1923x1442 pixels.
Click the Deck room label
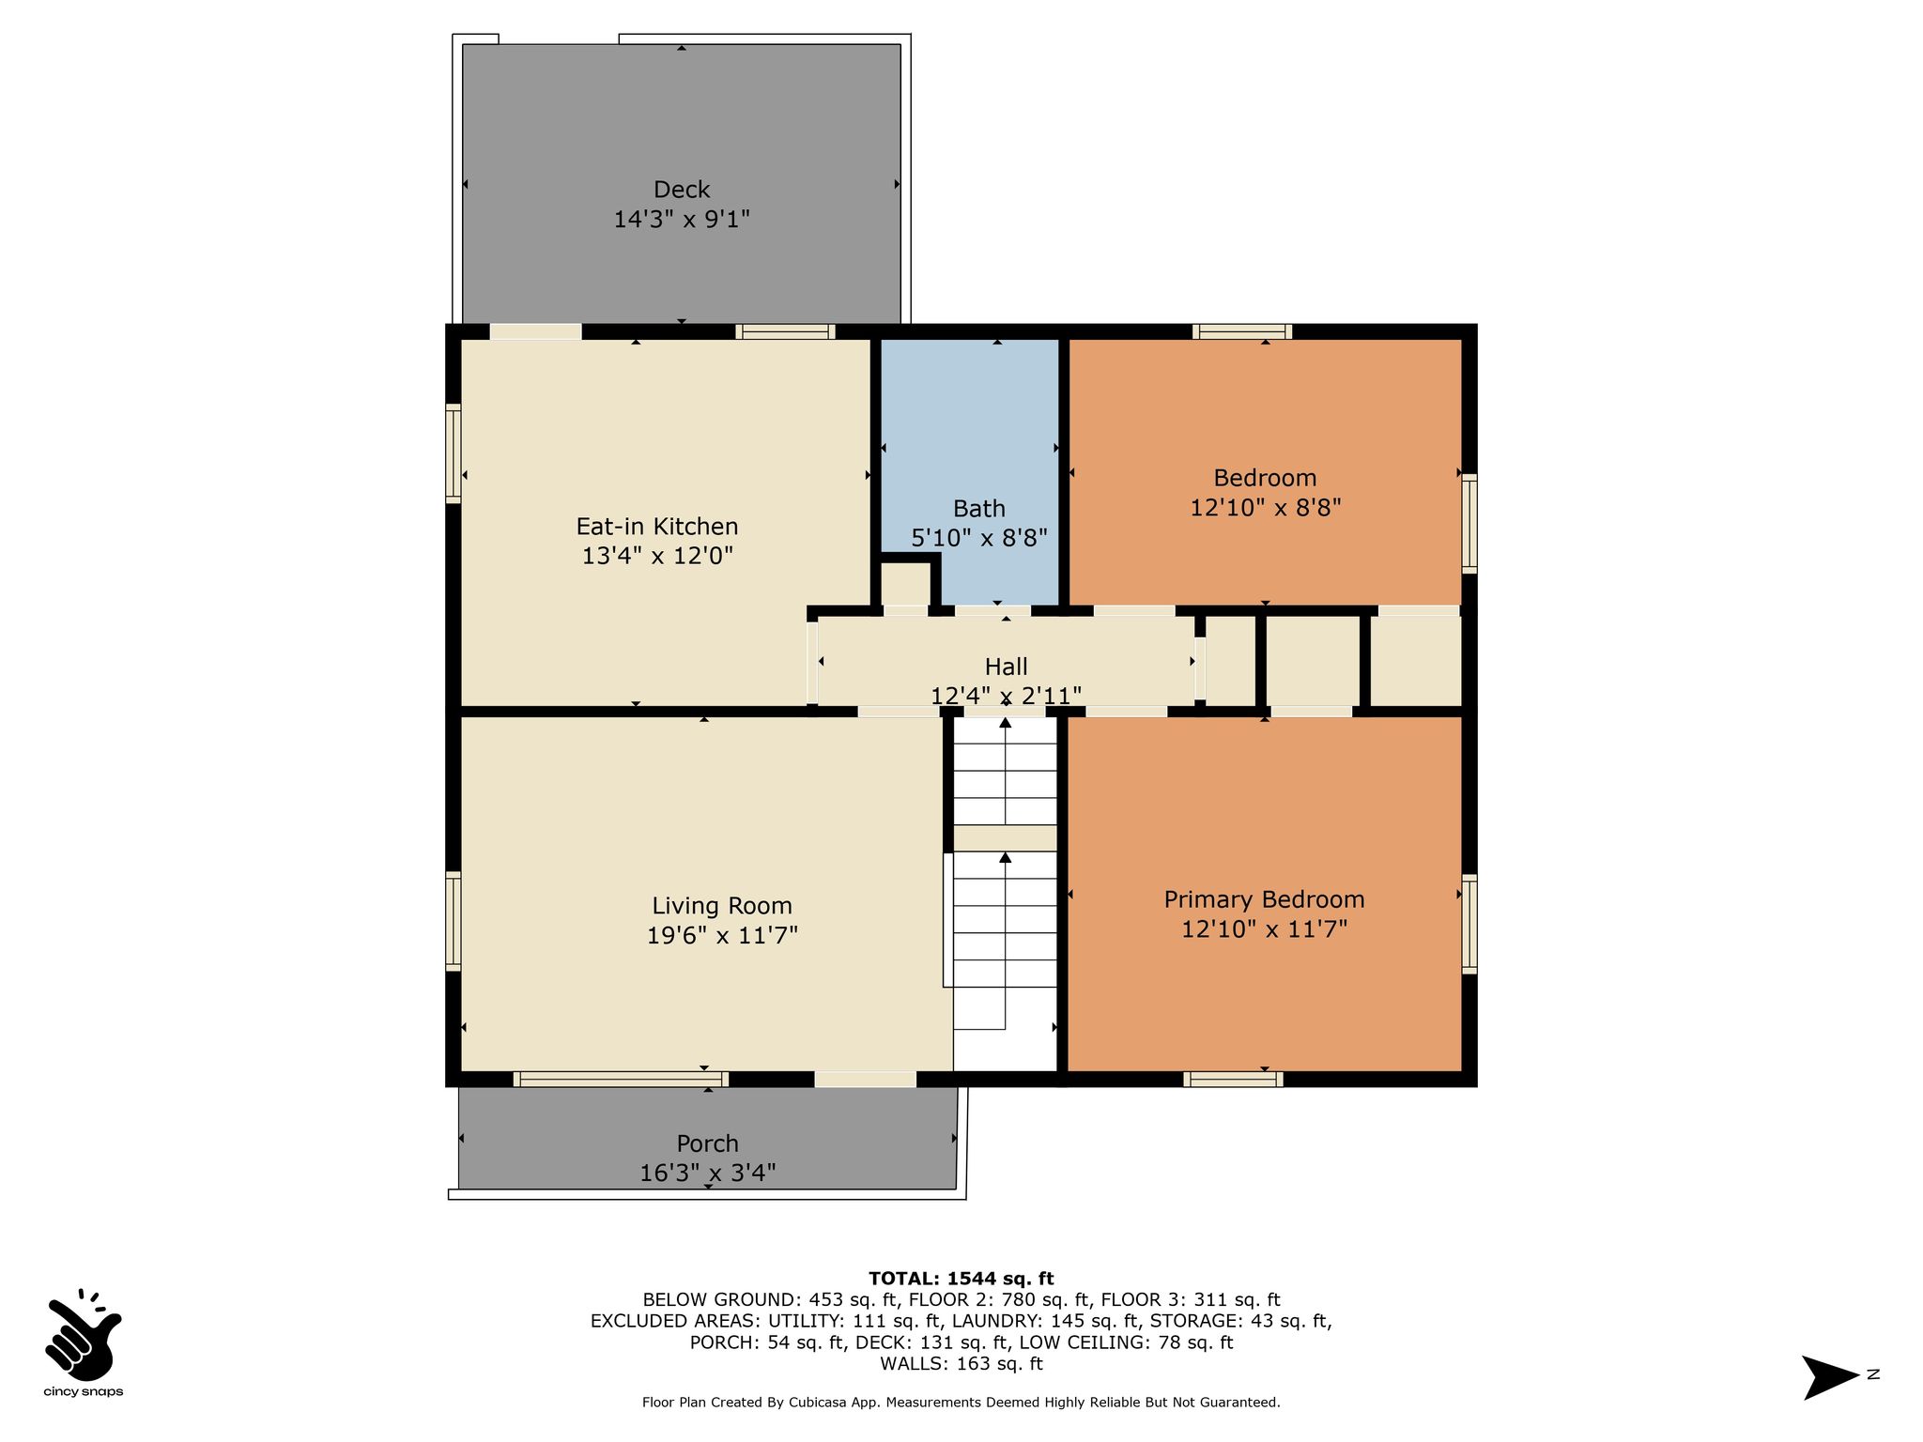682,190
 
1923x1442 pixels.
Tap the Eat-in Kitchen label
657,526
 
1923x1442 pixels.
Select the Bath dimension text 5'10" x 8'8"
979,538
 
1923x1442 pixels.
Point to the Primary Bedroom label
1264,899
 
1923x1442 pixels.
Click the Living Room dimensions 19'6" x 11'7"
722,935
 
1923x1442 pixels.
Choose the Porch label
708,1143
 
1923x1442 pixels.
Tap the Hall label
1006,667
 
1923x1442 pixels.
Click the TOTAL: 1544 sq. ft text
961,1278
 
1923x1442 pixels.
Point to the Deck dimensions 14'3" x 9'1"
682,220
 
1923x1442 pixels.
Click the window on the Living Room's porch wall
621,1080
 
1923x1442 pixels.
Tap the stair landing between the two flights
1006,838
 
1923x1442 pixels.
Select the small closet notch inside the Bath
905,584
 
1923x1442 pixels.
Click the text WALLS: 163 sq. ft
961,1363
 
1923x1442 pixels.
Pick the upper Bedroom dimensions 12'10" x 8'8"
1265,508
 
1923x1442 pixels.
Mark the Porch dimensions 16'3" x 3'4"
708,1174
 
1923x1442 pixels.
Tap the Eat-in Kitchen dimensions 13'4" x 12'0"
657,556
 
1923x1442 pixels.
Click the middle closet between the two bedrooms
1313,660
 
